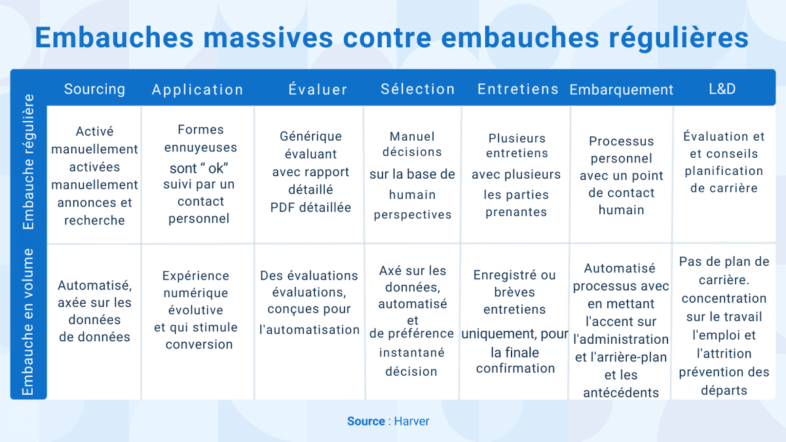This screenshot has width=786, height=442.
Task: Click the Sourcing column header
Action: coord(94,89)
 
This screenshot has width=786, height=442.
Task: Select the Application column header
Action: coord(197,90)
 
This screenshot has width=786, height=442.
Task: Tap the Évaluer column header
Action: coord(318,90)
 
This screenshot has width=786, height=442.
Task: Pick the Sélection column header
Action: coord(417,89)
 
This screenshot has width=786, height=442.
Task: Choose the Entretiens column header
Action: coord(517,89)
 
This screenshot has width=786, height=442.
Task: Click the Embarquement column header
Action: coord(621,90)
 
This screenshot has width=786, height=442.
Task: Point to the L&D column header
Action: coord(722,89)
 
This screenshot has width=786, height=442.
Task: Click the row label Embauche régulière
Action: coord(28,162)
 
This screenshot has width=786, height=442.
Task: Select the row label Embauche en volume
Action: coord(28,322)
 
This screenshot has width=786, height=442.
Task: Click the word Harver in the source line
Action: coord(411,421)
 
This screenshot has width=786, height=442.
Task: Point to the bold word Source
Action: coord(365,421)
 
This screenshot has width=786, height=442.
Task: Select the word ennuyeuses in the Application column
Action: coord(200,147)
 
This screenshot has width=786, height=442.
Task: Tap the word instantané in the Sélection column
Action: coord(411,352)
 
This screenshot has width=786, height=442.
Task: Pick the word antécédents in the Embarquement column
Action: coord(621,393)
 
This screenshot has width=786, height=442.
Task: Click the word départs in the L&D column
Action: coord(723,391)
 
